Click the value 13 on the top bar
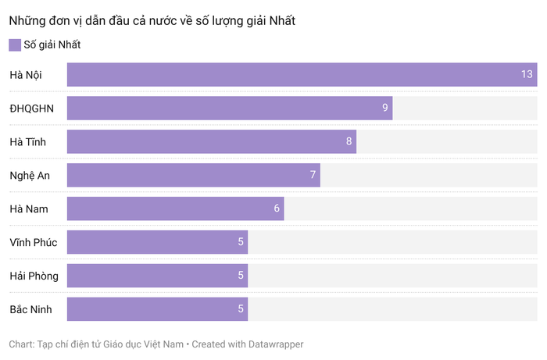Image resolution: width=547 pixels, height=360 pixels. coord(527,75)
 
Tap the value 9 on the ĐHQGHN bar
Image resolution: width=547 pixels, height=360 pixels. coord(385,109)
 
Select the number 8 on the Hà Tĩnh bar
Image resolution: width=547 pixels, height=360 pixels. coord(349,142)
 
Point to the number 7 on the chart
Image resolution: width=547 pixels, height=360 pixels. coord(313,175)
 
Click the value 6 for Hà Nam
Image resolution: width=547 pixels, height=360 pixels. coord(277,209)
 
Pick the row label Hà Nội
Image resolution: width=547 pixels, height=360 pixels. coord(26,75)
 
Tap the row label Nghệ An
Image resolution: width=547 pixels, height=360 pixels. coord(30,175)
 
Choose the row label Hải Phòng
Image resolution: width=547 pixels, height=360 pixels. coord(34,276)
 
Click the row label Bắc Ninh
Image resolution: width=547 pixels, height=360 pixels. coord(30,309)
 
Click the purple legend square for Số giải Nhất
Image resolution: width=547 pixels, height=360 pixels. coord(15,45)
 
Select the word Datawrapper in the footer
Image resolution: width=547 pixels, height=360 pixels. coord(273,344)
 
